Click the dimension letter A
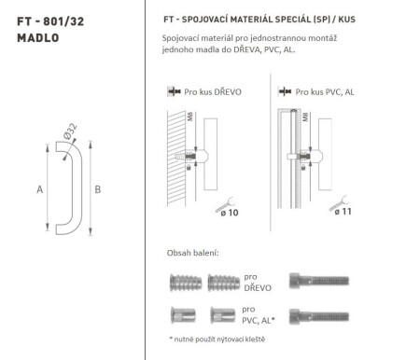(x=39, y=188)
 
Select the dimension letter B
(x=97, y=188)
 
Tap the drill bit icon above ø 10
(x=227, y=198)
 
